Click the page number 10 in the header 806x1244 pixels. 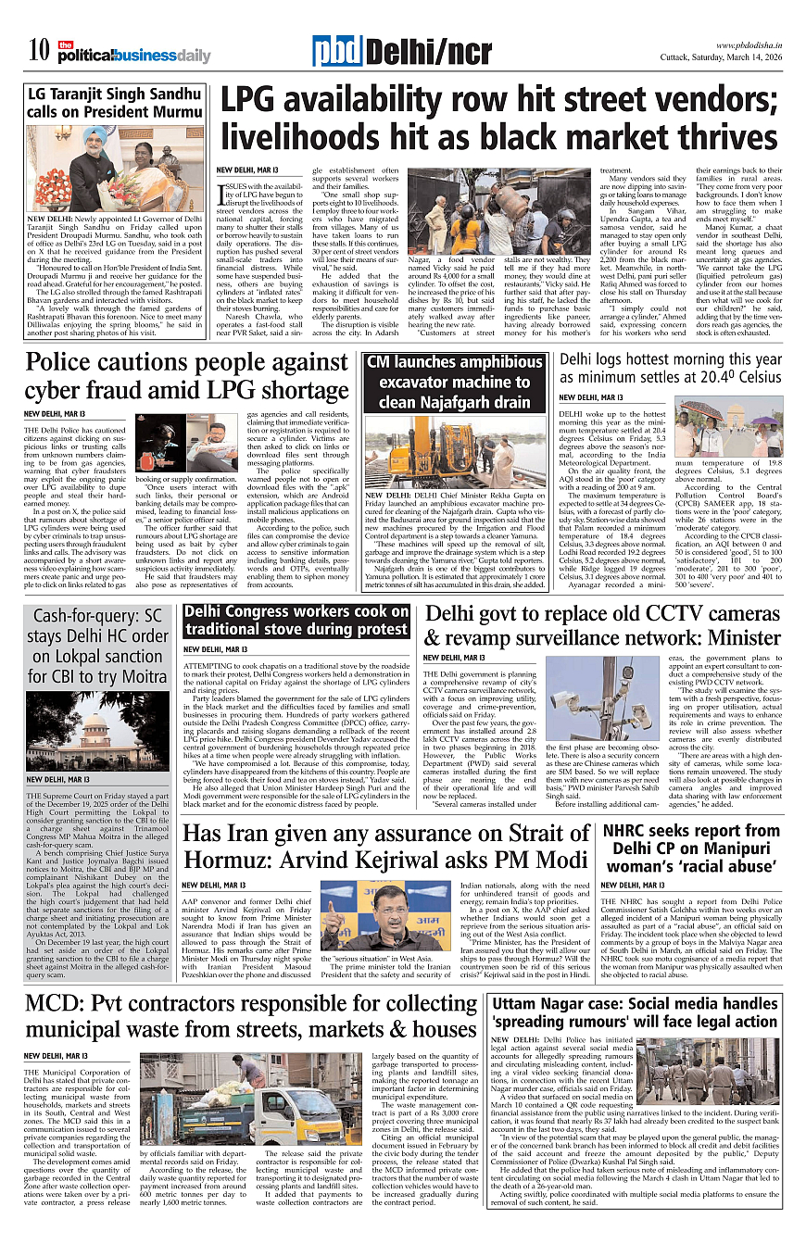(x=38, y=50)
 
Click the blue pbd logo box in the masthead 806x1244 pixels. (x=336, y=53)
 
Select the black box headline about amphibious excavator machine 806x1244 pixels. (x=454, y=383)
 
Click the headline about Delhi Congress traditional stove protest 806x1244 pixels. (x=296, y=621)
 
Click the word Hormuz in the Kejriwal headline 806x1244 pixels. (x=228, y=859)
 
